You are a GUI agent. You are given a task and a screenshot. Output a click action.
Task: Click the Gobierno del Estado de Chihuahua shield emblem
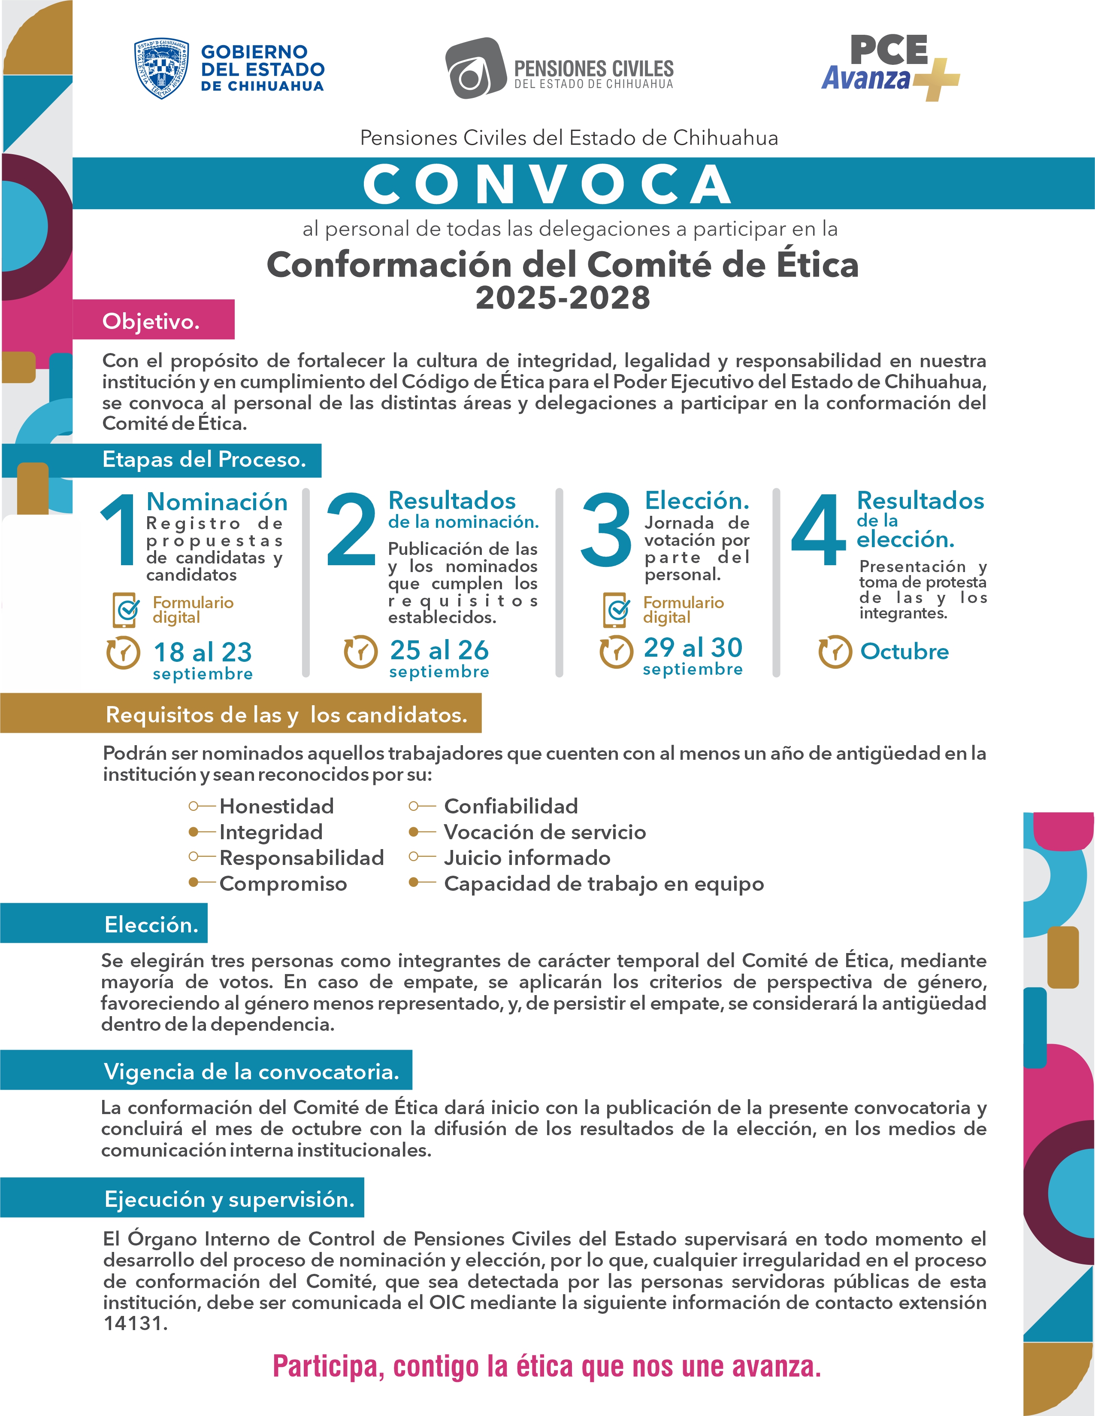click(x=161, y=68)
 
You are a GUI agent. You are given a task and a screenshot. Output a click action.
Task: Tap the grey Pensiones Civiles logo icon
click(x=475, y=69)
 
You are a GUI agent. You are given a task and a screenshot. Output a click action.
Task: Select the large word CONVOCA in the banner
click(x=547, y=184)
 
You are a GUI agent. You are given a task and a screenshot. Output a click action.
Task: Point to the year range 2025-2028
click(x=563, y=298)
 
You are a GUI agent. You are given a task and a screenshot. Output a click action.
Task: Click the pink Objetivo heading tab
click(x=153, y=320)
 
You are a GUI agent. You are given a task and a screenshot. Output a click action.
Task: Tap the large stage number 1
click(x=118, y=529)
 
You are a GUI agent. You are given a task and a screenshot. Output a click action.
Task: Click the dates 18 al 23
click(x=202, y=652)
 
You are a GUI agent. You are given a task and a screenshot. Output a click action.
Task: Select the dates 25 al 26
click(x=439, y=650)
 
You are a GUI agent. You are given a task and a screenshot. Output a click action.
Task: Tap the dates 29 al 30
click(x=693, y=647)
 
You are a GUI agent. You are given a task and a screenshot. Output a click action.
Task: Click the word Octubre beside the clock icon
click(x=904, y=651)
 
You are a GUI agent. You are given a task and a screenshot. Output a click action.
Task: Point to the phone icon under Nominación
click(x=126, y=609)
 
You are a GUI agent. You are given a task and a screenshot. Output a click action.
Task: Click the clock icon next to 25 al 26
click(x=360, y=652)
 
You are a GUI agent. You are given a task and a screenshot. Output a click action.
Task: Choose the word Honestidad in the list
click(x=277, y=806)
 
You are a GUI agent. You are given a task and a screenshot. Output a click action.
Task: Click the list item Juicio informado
click(x=527, y=858)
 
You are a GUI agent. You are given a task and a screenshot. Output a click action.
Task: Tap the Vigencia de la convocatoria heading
click(x=251, y=1071)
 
